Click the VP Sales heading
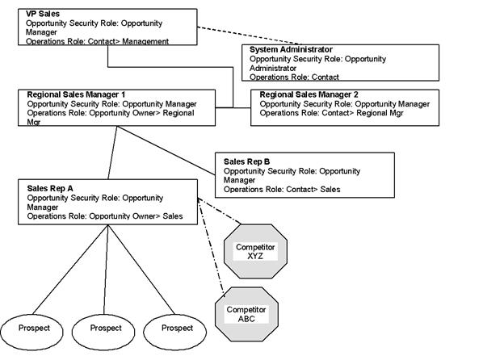[x=43, y=14]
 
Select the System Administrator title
[x=291, y=49]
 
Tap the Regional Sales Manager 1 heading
[x=76, y=94]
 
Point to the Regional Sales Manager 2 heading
[x=309, y=94]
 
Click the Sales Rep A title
[x=50, y=189]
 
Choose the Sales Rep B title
[x=247, y=161]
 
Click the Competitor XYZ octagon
[x=255, y=252]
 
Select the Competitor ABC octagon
[x=246, y=314]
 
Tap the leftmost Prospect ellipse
[x=32, y=332]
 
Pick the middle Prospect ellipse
[x=103, y=332]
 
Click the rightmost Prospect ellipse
[x=174, y=332]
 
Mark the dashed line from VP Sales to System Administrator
[x=250, y=36]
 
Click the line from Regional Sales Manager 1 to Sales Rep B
[x=166, y=151]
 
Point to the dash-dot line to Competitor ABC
[x=211, y=247]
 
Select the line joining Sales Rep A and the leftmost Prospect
[x=70, y=270]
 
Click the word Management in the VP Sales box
[x=145, y=41]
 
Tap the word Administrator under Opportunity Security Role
[x=273, y=68]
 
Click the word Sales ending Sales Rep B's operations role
[x=330, y=189]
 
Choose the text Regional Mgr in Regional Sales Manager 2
[x=380, y=113]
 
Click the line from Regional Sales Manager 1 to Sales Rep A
[x=112, y=153]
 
